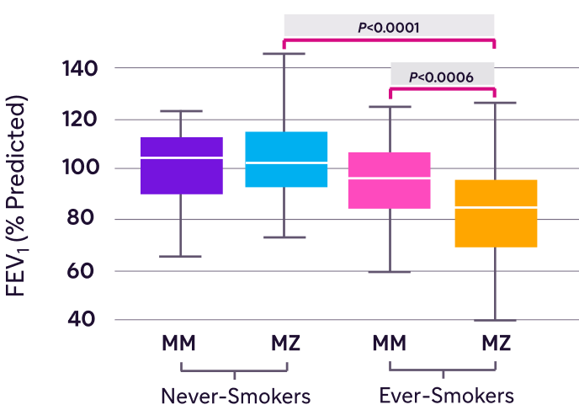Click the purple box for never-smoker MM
click(182, 166)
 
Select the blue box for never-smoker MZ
click(286, 159)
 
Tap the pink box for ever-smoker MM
click(390, 180)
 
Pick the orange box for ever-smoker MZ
click(496, 214)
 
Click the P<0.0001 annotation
click(389, 28)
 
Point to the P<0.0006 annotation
click(441, 77)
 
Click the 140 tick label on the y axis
click(80, 69)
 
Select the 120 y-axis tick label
click(80, 119)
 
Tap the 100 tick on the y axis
click(81, 168)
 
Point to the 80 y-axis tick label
click(81, 217)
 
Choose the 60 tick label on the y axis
click(81, 271)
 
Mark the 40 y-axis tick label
click(81, 319)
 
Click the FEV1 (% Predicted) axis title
click(16, 196)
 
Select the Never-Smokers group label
click(236, 396)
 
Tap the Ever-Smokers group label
click(446, 396)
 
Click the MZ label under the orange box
click(497, 343)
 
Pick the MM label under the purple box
click(178, 343)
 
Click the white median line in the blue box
click(286, 162)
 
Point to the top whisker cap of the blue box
click(284, 54)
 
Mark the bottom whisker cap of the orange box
click(495, 320)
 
